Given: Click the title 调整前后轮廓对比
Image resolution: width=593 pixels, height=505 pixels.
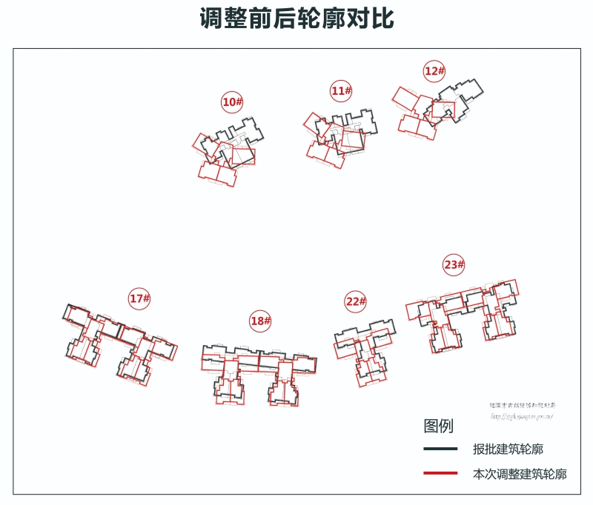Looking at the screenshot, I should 296,19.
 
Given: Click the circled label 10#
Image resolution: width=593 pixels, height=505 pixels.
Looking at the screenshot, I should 232,101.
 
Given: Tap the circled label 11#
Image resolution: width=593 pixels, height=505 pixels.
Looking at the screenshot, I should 341,91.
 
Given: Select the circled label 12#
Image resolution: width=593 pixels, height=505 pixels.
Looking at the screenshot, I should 434,71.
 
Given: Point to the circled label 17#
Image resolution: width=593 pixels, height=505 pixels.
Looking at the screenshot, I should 139,298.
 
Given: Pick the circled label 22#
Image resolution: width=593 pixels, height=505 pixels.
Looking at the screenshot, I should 356,301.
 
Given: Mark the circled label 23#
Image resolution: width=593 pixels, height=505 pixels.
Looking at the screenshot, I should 454,264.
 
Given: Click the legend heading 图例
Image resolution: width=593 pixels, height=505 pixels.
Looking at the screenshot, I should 438,426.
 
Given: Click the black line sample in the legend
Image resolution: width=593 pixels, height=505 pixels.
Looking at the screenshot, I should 440,449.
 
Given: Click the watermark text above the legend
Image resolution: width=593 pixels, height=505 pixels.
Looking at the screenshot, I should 522,411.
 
